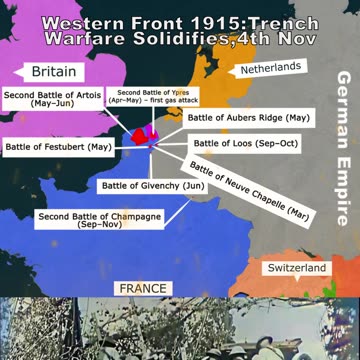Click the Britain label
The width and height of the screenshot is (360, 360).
click(52, 72)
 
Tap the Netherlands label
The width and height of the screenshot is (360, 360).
click(270, 67)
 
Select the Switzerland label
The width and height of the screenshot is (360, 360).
click(295, 269)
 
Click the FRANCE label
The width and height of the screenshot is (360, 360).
click(142, 287)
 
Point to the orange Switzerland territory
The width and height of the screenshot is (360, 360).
click(300, 250)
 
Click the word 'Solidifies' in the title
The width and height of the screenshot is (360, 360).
click(193, 41)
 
